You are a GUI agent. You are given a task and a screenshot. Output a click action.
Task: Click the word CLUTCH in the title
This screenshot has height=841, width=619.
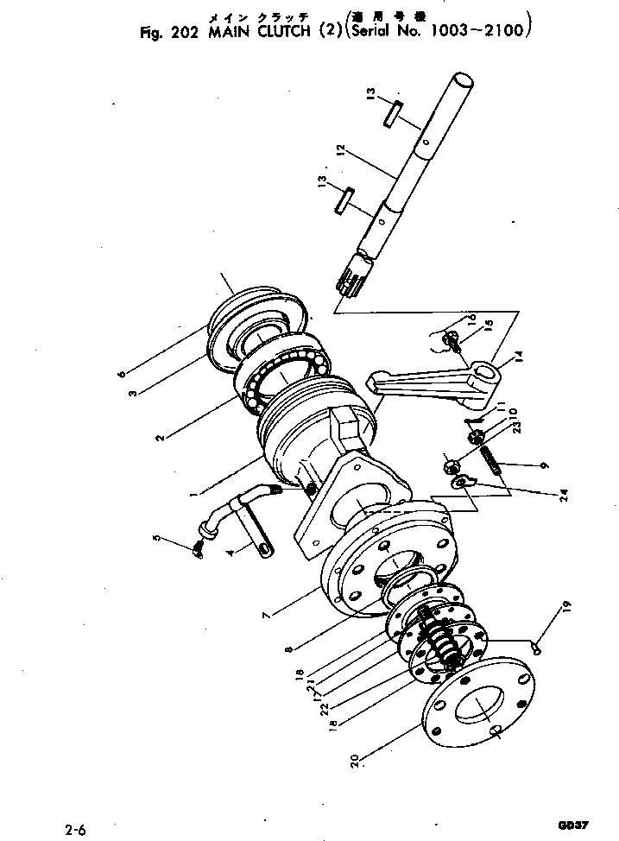[x=261, y=34]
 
